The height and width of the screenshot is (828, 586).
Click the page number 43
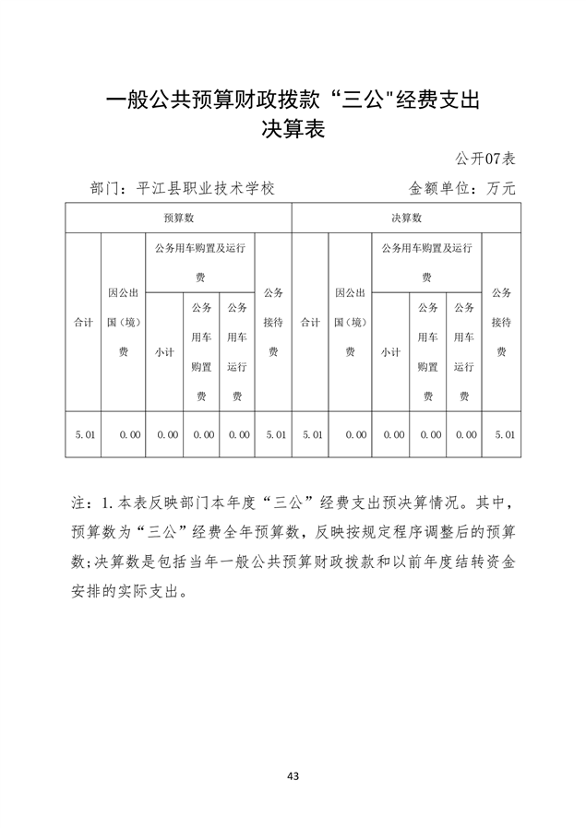(x=293, y=776)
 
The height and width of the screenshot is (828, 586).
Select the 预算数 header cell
(x=177, y=219)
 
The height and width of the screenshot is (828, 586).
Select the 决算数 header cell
(x=405, y=219)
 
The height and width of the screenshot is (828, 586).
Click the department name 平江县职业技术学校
(x=205, y=187)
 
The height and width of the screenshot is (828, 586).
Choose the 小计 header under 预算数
(x=165, y=352)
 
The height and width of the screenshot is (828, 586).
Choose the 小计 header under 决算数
(x=391, y=352)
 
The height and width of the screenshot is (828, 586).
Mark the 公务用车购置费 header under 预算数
(x=201, y=351)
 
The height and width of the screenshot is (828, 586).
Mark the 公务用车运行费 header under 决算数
(x=464, y=351)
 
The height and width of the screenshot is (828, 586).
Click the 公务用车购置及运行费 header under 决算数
(x=427, y=262)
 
